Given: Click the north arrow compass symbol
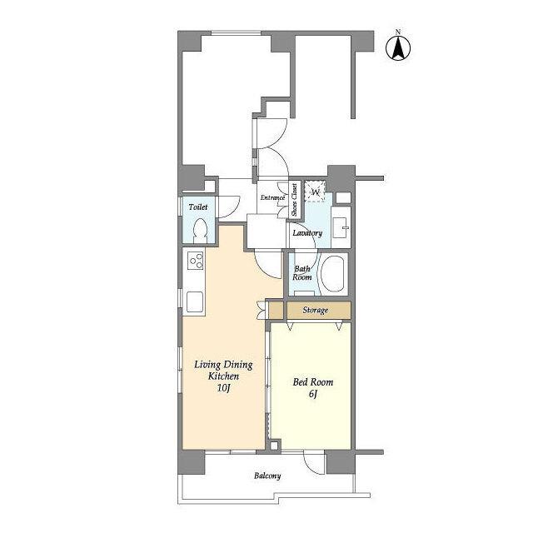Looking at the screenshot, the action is coord(398,48).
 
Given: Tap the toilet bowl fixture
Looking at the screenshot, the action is coord(200,231).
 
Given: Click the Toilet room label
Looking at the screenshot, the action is coord(198,207).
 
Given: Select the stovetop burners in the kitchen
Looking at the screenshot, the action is coord(196,261).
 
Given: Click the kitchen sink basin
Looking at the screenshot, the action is coord(195,302).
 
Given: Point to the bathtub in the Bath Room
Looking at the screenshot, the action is coord(333,274).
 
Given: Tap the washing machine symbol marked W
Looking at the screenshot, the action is coord(315,192).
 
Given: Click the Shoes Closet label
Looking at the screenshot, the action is coord(294,200).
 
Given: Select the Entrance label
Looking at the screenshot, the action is coord(272,197).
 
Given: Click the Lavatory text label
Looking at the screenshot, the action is coord(307,233).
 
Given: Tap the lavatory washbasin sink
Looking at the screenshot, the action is coord(341,227).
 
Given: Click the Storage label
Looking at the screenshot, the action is coord(316,310).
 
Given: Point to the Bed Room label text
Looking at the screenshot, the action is coord(313,382).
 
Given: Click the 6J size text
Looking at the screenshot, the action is coord(313,394).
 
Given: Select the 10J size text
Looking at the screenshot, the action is coord(224,388).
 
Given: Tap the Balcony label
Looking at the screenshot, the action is coord(267,476).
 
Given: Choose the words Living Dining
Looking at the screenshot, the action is coord(223,365).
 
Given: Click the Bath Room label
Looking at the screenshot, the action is coord(302,273).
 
